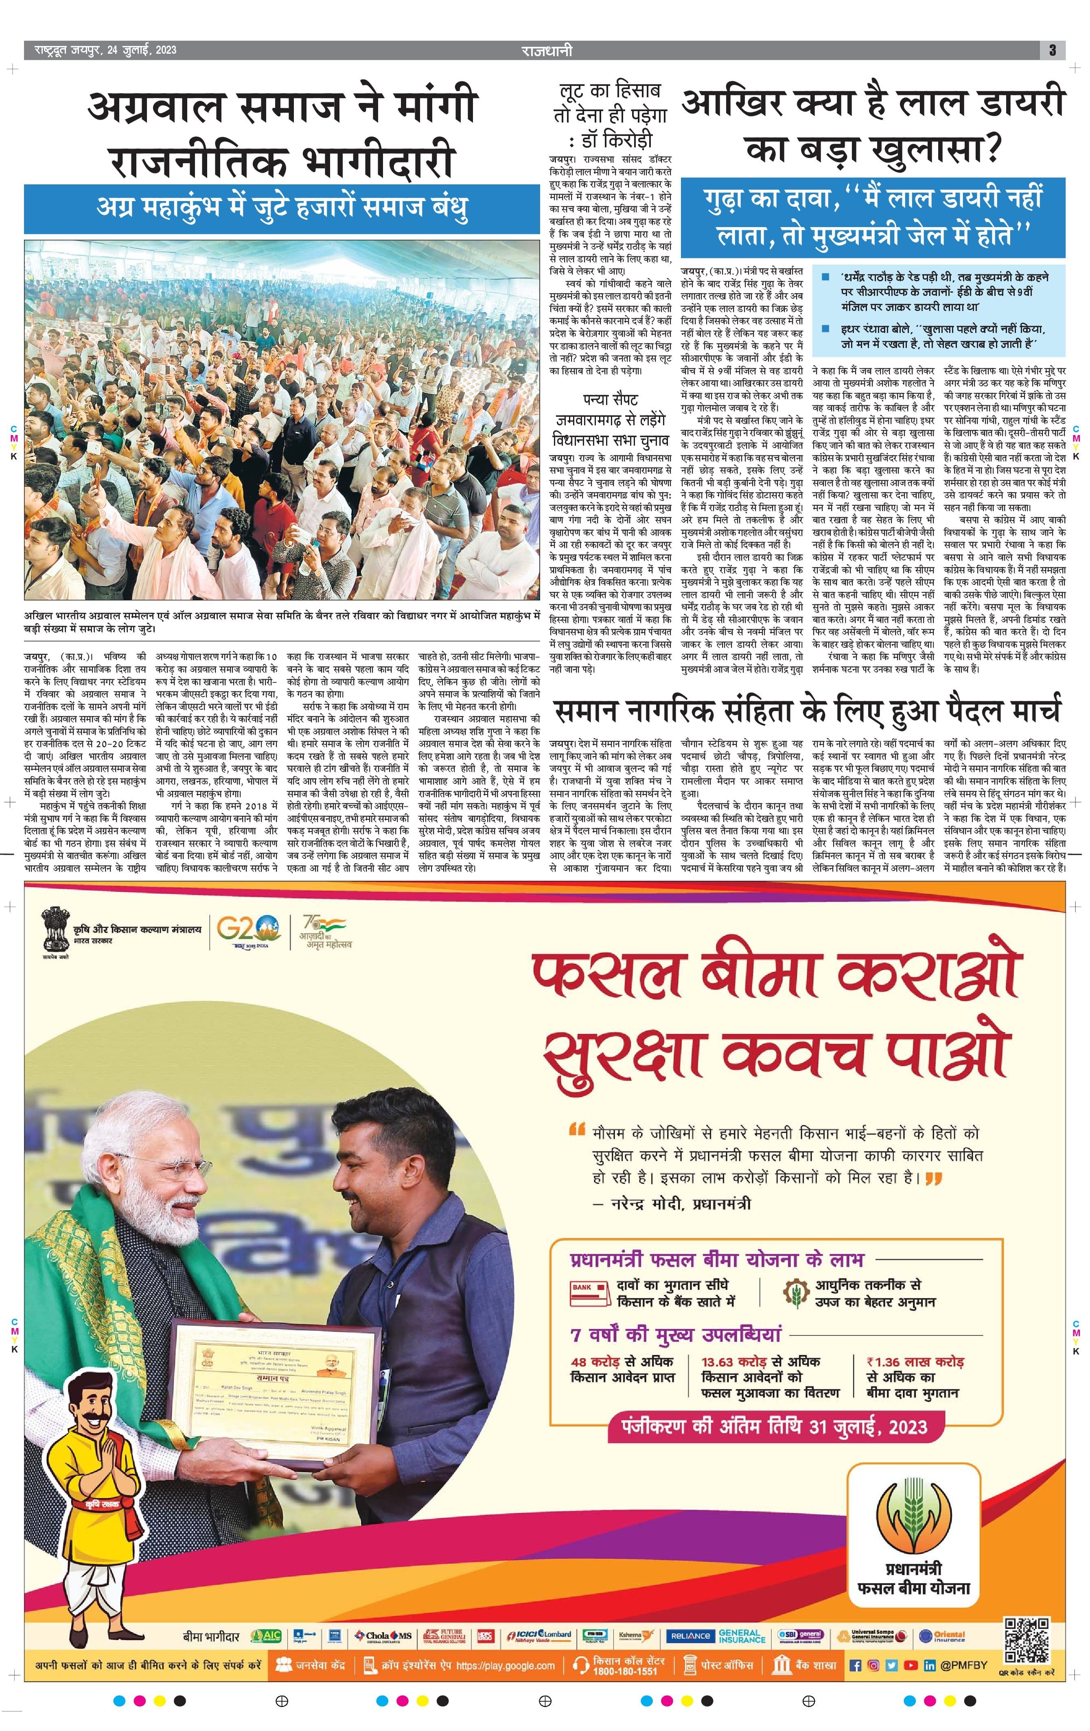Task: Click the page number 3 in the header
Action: coord(1052,50)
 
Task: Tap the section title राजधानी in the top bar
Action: coord(547,50)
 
